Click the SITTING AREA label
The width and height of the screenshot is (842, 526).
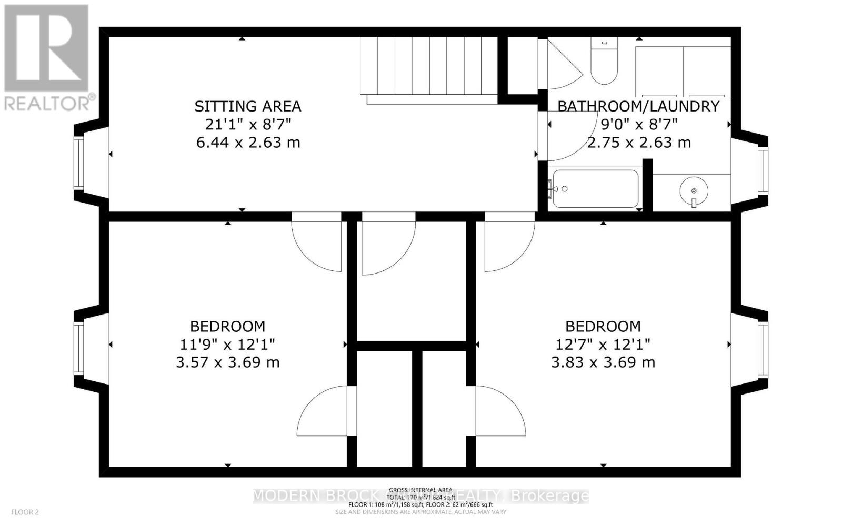pyautogui.click(x=247, y=106)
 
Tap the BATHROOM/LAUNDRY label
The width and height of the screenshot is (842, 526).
pyautogui.click(x=638, y=106)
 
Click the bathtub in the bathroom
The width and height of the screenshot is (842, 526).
pyautogui.click(x=595, y=189)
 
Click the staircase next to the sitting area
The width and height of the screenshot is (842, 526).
pyautogui.click(x=429, y=66)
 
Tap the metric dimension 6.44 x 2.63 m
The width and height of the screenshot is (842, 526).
pyautogui.click(x=248, y=143)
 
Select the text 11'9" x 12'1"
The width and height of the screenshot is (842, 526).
pyautogui.click(x=227, y=345)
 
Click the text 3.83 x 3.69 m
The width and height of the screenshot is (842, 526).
pyautogui.click(x=603, y=362)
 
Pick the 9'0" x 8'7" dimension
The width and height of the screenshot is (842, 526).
pyautogui.click(x=639, y=125)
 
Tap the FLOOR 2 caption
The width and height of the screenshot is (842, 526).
pyautogui.click(x=25, y=512)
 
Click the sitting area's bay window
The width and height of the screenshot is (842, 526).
pyautogui.click(x=79, y=163)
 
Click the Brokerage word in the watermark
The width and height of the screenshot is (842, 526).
pyautogui.click(x=550, y=496)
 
